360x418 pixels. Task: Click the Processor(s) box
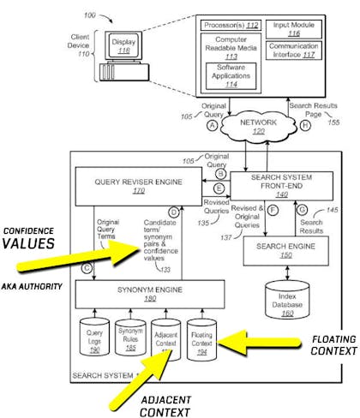pyautogui.click(x=229, y=24)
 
